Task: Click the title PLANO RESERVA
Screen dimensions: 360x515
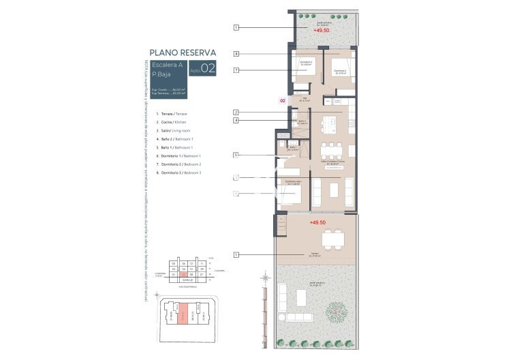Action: coord(183,52)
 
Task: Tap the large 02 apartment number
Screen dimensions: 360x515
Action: coord(208,67)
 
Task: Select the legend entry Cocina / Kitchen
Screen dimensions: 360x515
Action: coord(170,121)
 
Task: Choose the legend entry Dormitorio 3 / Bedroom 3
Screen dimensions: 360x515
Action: coord(179,173)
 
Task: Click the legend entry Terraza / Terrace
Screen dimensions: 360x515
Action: coord(172,113)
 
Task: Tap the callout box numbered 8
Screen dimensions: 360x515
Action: coord(236,53)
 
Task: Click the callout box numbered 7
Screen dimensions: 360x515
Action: coord(236,70)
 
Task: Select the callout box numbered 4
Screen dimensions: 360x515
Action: coord(236,121)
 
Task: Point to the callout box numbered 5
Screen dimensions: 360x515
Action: coord(236,155)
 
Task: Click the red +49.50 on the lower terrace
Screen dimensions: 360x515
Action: coord(318,223)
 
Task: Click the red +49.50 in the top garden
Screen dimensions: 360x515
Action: coord(322,31)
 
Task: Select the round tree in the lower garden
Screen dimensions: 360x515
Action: coord(336,312)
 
